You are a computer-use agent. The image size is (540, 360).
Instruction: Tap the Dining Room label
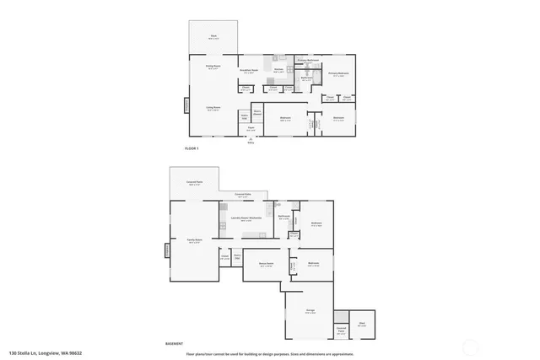(213, 66)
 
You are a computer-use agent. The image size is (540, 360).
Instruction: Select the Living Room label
(213, 109)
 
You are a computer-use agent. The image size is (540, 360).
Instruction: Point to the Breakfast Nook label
(250, 71)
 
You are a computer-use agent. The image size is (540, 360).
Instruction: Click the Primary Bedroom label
(338, 74)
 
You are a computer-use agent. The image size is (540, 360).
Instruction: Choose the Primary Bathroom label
(307, 60)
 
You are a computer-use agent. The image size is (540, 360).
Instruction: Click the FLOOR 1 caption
(191, 148)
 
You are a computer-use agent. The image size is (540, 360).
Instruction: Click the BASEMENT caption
(175, 344)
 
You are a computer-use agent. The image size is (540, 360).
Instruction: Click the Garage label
(310, 311)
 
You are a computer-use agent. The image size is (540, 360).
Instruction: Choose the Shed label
(362, 324)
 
